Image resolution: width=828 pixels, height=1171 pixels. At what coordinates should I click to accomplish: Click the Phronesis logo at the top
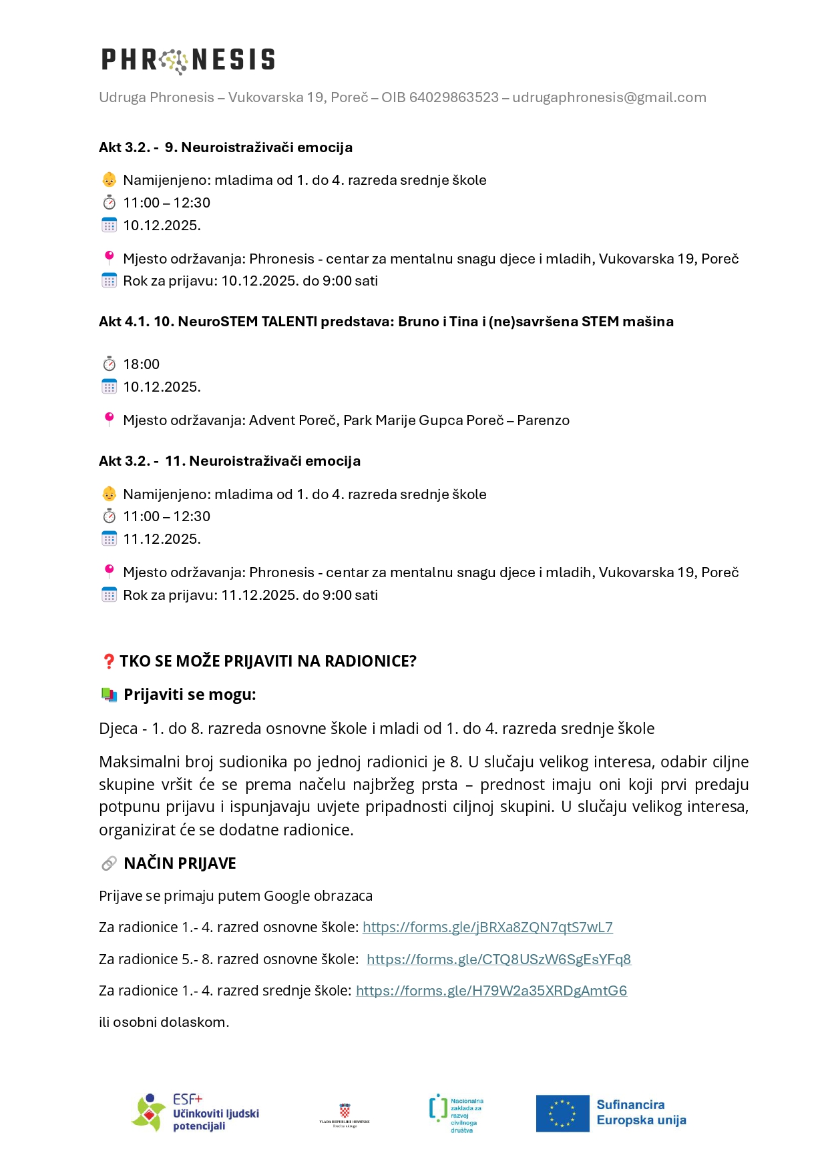pyautogui.click(x=188, y=60)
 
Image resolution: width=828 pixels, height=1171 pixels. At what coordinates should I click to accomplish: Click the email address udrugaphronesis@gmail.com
pyautogui.click(x=609, y=97)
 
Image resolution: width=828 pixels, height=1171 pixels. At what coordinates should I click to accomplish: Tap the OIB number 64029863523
pyautogui.click(x=453, y=97)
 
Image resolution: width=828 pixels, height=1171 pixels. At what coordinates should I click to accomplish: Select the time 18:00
pyautogui.click(x=141, y=364)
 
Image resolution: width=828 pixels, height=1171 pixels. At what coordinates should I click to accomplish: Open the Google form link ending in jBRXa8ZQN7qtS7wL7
pyautogui.click(x=487, y=927)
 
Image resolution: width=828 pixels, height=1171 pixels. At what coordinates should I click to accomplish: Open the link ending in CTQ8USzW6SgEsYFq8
pyautogui.click(x=498, y=959)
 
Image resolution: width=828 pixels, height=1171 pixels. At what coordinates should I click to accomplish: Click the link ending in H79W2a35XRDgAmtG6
pyautogui.click(x=491, y=991)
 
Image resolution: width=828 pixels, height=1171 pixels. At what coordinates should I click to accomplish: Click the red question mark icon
pyautogui.click(x=108, y=661)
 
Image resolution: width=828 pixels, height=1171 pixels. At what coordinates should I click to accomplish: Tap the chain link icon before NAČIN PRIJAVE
pyautogui.click(x=109, y=863)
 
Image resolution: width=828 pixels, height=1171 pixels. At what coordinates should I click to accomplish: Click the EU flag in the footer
pyautogui.click(x=562, y=1114)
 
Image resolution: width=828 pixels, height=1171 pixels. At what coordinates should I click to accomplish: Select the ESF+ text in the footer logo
pyautogui.click(x=187, y=1099)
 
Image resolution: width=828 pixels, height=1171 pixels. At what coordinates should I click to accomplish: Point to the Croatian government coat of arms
pyautogui.click(x=345, y=1110)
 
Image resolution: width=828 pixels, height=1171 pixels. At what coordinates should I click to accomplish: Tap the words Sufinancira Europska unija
pyautogui.click(x=641, y=1112)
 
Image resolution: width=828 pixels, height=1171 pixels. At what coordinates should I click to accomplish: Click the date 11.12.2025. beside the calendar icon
pyautogui.click(x=162, y=539)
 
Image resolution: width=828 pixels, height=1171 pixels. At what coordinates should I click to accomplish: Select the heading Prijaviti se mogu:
pyautogui.click(x=190, y=695)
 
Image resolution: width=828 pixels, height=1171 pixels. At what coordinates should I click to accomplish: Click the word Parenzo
pyautogui.click(x=543, y=420)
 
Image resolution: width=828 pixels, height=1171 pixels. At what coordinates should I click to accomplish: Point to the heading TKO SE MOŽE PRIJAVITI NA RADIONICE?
pyautogui.click(x=268, y=661)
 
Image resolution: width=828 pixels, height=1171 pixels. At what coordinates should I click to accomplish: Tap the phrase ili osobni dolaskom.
pyautogui.click(x=164, y=1022)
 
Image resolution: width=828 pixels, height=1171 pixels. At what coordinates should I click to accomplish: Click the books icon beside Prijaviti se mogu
pyautogui.click(x=109, y=695)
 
